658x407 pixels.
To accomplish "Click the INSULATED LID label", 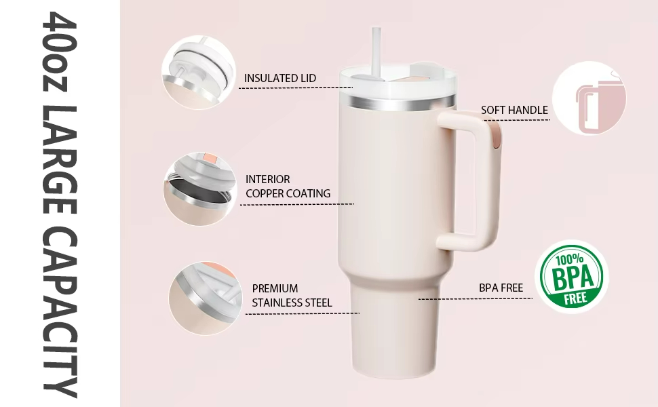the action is [x=280, y=79].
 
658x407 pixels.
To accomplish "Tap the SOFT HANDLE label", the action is [x=514, y=111].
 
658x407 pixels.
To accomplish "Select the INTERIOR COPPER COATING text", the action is [x=288, y=187].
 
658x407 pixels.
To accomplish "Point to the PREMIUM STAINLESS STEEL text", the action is [x=292, y=295].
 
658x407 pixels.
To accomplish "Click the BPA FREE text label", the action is [x=501, y=288].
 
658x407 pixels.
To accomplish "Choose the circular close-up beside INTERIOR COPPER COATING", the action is [x=199, y=189].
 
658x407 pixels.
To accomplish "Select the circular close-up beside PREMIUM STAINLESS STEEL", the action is [x=206, y=298].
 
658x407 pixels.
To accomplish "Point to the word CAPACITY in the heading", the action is [x=60, y=312].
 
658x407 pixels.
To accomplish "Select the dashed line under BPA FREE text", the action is [x=476, y=298].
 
